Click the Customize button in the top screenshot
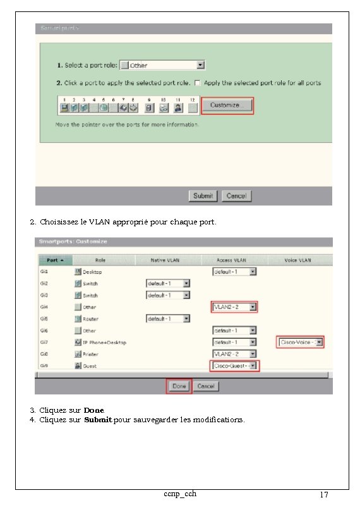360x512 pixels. (x=227, y=106)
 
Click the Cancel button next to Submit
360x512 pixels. (x=236, y=196)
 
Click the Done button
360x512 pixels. (x=179, y=386)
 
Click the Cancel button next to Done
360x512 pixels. (x=205, y=386)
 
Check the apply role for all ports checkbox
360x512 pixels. (x=198, y=83)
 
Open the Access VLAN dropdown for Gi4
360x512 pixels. (x=234, y=307)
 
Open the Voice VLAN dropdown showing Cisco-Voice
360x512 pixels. (x=300, y=342)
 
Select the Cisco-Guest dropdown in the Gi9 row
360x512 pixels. (x=234, y=366)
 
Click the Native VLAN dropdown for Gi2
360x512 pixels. (x=167, y=283)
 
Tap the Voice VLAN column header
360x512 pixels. (x=298, y=260)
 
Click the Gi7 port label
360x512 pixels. (x=44, y=342)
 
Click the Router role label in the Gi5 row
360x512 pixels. (x=90, y=319)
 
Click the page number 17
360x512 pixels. (x=323, y=495)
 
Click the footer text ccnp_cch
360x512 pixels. (x=179, y=493)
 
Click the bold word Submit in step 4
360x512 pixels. (x=98, y=420)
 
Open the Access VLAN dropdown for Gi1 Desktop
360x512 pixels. (x=234, y=272)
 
